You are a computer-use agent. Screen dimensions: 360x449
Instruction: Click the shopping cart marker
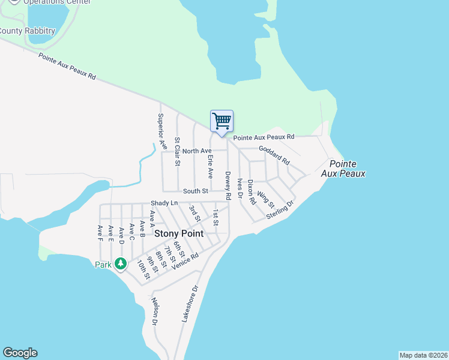click(221, 121)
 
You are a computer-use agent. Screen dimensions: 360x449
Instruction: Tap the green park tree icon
click(121, 263)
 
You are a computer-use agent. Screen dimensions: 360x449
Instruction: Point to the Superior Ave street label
click(160, 128)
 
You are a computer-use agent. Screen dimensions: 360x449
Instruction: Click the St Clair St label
click(177, 151)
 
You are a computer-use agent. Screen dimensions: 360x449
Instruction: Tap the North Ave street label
click(197, 151)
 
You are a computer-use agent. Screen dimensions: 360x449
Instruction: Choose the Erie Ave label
click(210, 166)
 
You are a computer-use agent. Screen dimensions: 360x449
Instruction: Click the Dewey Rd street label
click(228, 185)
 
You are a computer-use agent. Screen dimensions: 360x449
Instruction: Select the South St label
click(195, 191)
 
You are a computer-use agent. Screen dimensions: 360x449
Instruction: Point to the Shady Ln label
click(164, 203)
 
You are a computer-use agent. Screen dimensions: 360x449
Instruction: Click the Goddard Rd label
click(274, 154)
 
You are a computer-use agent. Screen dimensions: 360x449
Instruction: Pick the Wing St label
click(265, 199)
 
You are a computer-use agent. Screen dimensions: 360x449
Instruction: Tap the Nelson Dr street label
click(154, 311)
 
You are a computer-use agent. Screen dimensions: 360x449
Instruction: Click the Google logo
click(20, 353)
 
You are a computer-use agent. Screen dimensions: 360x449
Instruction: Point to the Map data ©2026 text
click(423, 355)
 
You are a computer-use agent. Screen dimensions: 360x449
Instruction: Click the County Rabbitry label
click(27, 31)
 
